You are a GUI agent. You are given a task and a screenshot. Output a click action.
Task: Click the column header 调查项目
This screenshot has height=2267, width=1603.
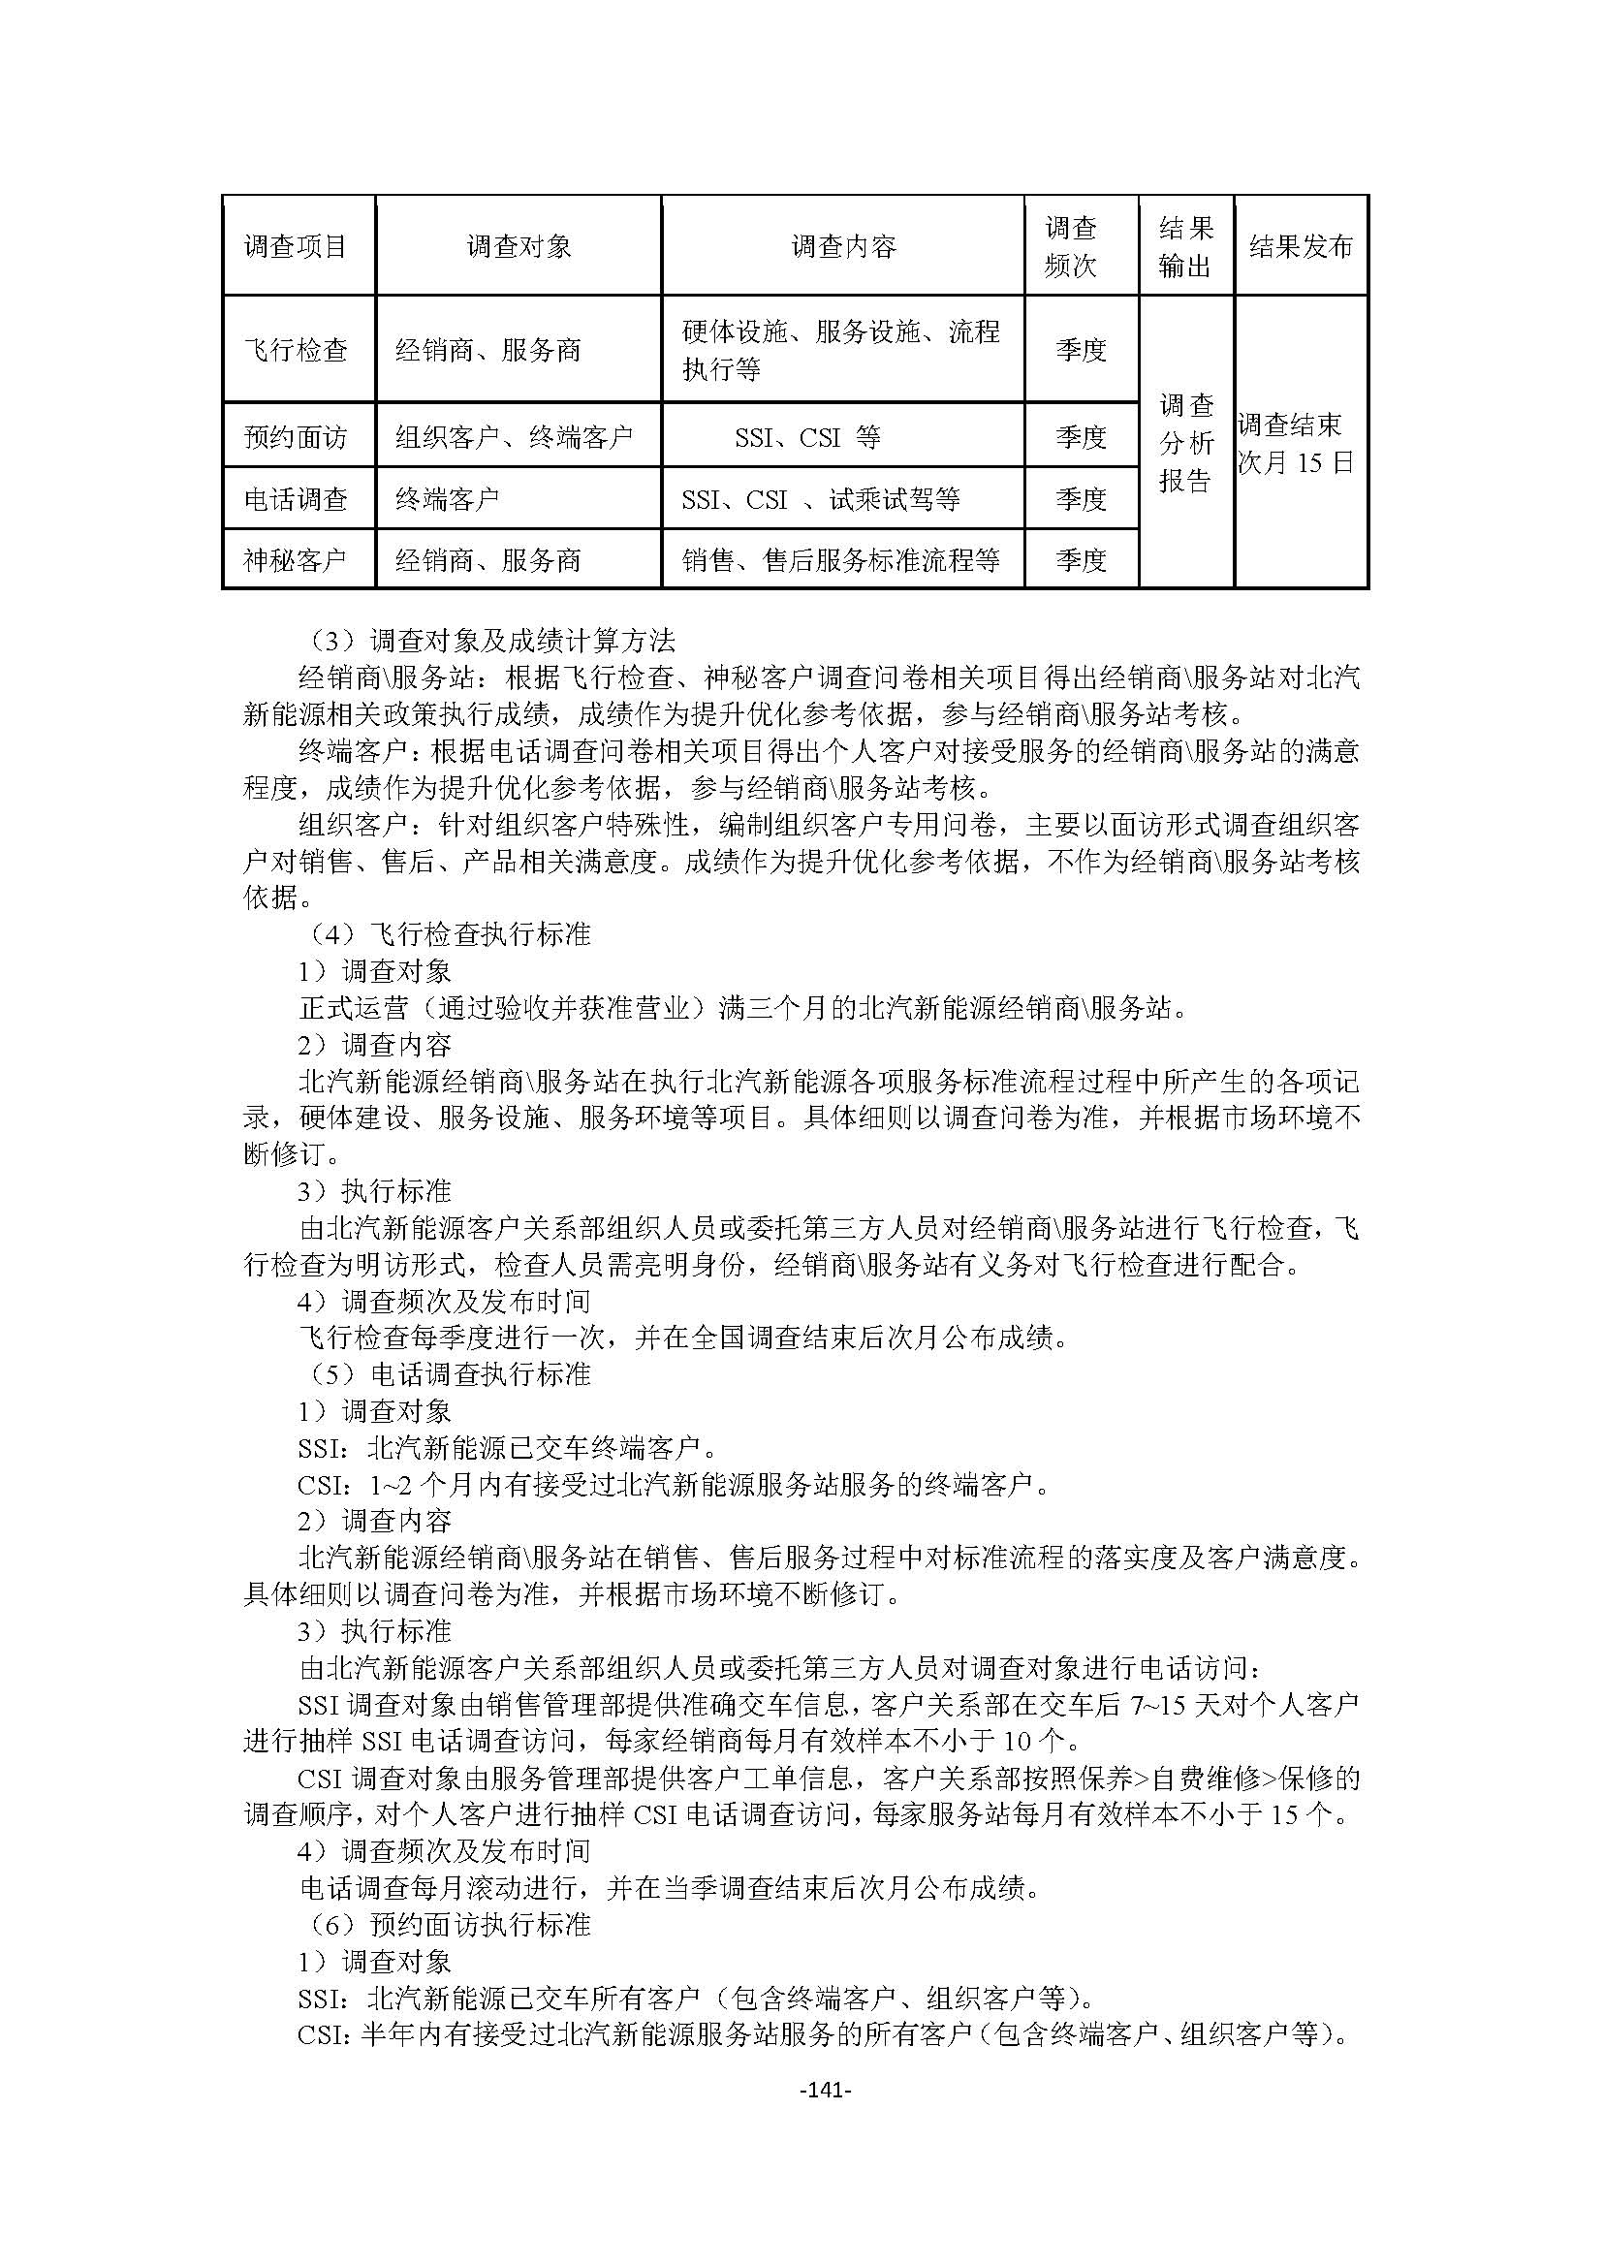297,246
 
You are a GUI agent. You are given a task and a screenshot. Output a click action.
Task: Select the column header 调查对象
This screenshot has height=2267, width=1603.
519,246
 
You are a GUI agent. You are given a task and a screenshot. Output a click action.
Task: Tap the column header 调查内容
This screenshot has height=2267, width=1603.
843,246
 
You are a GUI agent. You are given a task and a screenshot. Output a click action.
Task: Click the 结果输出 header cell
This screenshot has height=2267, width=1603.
1184,246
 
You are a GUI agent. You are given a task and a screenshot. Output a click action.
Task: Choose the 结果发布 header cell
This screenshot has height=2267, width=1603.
1300,246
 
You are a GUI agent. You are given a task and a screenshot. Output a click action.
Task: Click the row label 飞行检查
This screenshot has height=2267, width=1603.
297,350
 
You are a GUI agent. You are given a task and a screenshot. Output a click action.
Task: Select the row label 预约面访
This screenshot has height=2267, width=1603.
297,436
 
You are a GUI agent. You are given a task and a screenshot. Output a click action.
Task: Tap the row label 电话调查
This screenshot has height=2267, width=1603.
297,499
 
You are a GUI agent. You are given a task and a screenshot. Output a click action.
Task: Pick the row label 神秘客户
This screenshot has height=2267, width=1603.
297,561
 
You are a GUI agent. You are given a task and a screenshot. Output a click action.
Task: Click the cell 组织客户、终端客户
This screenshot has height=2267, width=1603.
514,436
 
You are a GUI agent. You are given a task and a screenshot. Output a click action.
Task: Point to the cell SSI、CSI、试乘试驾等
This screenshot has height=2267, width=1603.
820,499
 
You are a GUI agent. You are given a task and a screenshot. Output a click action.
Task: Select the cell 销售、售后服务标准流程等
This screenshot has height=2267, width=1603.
840,561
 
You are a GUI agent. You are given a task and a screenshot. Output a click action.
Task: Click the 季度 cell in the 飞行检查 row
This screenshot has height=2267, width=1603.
1081,350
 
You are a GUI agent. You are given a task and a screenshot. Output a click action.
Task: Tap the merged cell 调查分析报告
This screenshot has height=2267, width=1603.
1184,442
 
